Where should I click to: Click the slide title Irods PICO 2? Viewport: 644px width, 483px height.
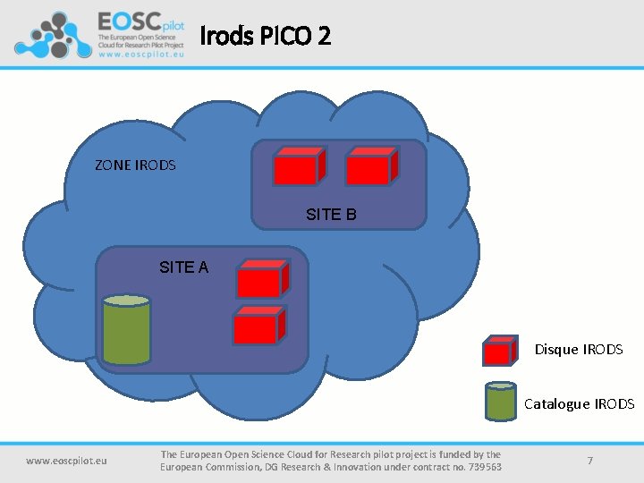coord(265,36)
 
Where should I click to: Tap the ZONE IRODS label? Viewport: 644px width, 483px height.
coord(135,165)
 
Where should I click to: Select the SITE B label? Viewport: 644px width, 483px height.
coord(331,215)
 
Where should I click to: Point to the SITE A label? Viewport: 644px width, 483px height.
coord(183,267)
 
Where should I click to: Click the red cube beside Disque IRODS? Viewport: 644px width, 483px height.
coord(499,351)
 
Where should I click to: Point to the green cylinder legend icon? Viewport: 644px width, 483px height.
coord(500,402)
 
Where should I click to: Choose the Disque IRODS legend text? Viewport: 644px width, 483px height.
coord(579,350)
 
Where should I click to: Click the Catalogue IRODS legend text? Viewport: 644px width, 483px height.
coord(579,404)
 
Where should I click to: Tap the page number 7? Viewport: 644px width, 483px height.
coord(590,460)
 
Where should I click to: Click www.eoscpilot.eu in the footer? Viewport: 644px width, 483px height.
coord(66,461)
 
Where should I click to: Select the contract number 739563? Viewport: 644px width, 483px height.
coord(482,467)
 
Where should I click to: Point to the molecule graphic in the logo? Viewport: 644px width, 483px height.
coord(53,36)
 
